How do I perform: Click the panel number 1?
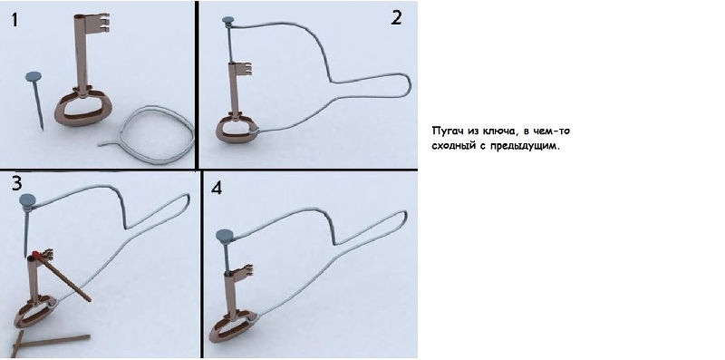(x=14, y=20)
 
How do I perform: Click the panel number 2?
(x=396, y=18)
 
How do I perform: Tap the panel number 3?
(x=16, y=183)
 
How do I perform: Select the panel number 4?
(x=217, y=188)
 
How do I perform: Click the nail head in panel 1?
(x=34, y=76)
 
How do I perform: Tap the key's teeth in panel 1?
(x=101, y=23)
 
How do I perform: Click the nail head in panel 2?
(x=228, y=20)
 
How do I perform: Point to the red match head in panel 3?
(x=35, y=254)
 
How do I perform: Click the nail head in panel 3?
(x=28, y=201)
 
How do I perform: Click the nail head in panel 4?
(x=225, y=236)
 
